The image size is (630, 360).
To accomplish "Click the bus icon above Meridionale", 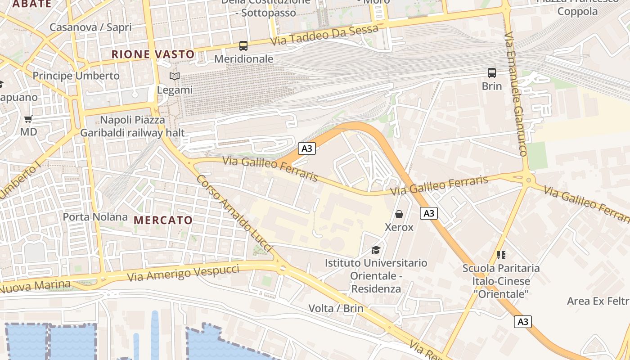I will (x=243, y=46).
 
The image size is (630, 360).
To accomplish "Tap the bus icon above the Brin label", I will (x=492, y=72).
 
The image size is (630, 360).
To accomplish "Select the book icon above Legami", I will (x=175, y=76).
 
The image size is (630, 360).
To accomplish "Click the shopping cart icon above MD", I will (x=28, y=119).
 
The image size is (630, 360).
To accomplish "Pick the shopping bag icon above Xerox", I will (x=399, y=214).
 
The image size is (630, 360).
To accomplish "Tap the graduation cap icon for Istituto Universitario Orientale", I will (x=376, y=250).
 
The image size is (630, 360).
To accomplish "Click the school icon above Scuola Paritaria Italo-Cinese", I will (x=501, y=255).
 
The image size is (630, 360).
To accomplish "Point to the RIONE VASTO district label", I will (x=153, y=54).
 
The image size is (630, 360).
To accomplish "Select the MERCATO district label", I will (x=163, y=220).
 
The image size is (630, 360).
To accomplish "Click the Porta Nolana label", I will (x=95, y=217).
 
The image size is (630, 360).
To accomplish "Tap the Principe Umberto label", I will (x=76, y=76).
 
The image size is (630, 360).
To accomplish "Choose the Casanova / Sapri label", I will (x=90, y=27).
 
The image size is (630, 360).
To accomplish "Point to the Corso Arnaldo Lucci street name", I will (x=234, y=213).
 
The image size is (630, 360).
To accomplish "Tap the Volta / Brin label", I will (x=336, y=308).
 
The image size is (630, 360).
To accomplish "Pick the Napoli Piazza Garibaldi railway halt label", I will (x=132, y=126).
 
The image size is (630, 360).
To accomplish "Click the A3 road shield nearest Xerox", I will (x=429, y=213).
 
